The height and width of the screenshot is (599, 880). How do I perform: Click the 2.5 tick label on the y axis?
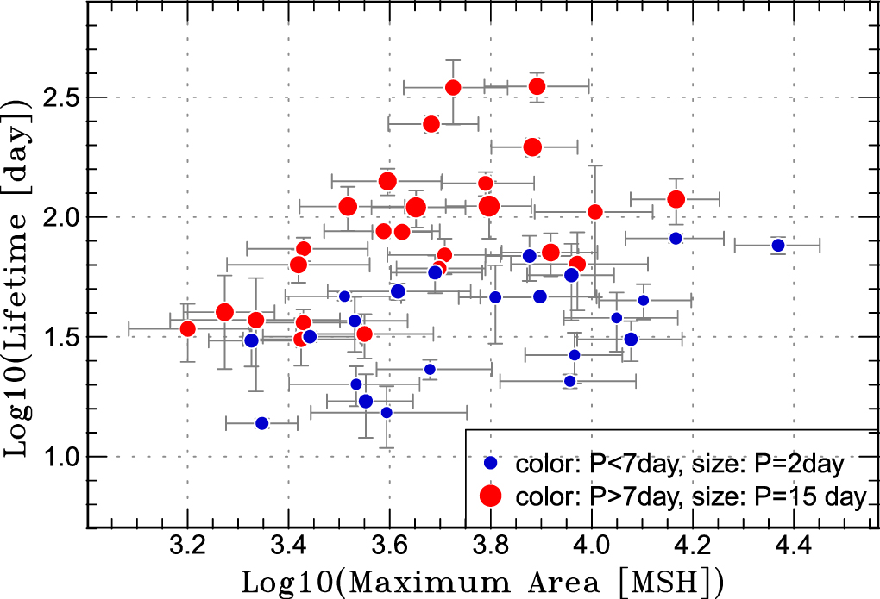(59, 97)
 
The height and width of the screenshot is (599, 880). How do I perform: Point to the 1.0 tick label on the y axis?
(59, 457)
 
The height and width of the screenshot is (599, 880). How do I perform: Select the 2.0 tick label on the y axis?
(59, 216)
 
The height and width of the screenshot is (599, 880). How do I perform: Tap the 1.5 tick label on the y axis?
(59, 337)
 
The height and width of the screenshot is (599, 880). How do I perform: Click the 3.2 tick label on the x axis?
(187, 546)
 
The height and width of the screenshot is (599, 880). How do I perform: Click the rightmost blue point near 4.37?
(778, 246)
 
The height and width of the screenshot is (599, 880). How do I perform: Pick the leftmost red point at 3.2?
(188, 328)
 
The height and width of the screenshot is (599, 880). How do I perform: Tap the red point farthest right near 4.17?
(676, 199)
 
